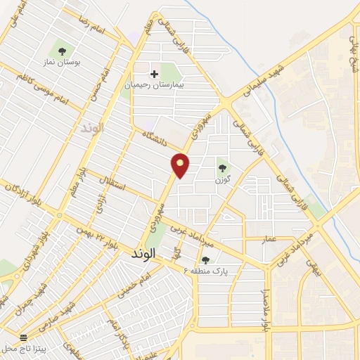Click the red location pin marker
181,165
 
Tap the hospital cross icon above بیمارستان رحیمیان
154,73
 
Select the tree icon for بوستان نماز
62,51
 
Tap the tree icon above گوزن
223,167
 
